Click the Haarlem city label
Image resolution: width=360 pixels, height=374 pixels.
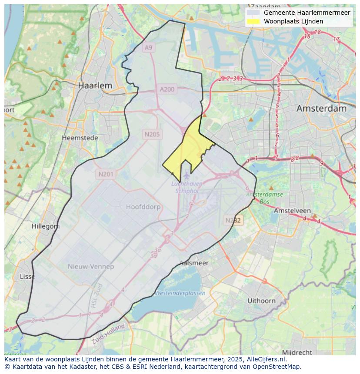tap(95, 86)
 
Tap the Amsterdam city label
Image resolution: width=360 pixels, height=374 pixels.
tap(321, 108)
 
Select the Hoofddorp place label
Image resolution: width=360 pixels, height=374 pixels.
tap(143, 207)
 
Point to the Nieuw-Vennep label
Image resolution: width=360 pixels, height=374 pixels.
tap(91, 266)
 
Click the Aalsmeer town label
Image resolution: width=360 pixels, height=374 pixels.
tap(194, 263)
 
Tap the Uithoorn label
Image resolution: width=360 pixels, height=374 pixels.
tap(261, 300)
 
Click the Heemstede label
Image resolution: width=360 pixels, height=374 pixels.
tap(80, 138)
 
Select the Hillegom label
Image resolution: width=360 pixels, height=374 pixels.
tap(46, 226)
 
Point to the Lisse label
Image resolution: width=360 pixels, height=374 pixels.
tap(27, 276)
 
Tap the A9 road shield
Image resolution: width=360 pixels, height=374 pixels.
tap(149, 47)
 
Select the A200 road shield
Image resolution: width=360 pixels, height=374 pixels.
tap(167, 89)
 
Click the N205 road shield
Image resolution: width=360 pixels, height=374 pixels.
tap(152, 134)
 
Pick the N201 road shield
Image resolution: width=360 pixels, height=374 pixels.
tap(106, 174)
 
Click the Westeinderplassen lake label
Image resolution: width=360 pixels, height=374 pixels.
tap(180, 293)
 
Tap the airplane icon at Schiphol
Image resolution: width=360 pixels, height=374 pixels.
tap(187, 175)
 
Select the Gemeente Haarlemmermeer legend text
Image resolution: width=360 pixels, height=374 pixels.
tap(307, 13)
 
